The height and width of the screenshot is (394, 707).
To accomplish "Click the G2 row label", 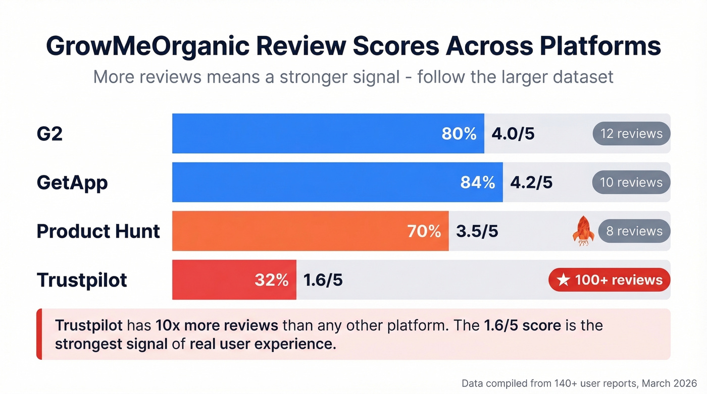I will (x=49, y=134).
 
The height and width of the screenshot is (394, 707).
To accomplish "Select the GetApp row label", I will (x=72, y=183).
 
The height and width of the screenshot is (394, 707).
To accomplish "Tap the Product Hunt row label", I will (x=98, y=231).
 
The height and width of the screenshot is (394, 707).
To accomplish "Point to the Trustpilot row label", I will (x=82, y=280).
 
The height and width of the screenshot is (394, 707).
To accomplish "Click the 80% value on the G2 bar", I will (x=459, y=134).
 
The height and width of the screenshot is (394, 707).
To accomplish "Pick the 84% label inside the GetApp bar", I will (x=477, y=183).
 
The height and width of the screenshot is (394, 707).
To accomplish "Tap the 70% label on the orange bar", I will (x=424, y=231).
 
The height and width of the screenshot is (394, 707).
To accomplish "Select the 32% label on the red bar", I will (x=271, y=280).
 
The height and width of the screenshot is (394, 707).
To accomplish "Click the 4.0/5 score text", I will (x=513, y=134).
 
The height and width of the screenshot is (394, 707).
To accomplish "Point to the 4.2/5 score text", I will (x=531, y=183).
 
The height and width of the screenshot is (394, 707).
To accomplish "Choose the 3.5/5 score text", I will (x=477, y=231).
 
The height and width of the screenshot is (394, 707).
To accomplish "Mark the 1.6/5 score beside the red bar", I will (x=323, y=280).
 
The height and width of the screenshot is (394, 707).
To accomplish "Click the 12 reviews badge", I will (x=631, y=134).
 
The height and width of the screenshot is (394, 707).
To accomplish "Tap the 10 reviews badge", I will (x=631, y=183).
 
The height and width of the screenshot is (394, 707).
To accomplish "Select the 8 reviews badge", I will (x=634, y=231).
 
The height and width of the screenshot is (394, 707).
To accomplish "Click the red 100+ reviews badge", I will (x=610, y=280).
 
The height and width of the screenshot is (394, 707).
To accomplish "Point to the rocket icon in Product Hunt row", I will (x=583, y=231).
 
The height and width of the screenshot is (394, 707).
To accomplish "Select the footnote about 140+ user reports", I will (x=579, y=382).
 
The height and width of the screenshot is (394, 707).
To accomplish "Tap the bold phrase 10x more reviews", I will (x=217, y=325).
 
